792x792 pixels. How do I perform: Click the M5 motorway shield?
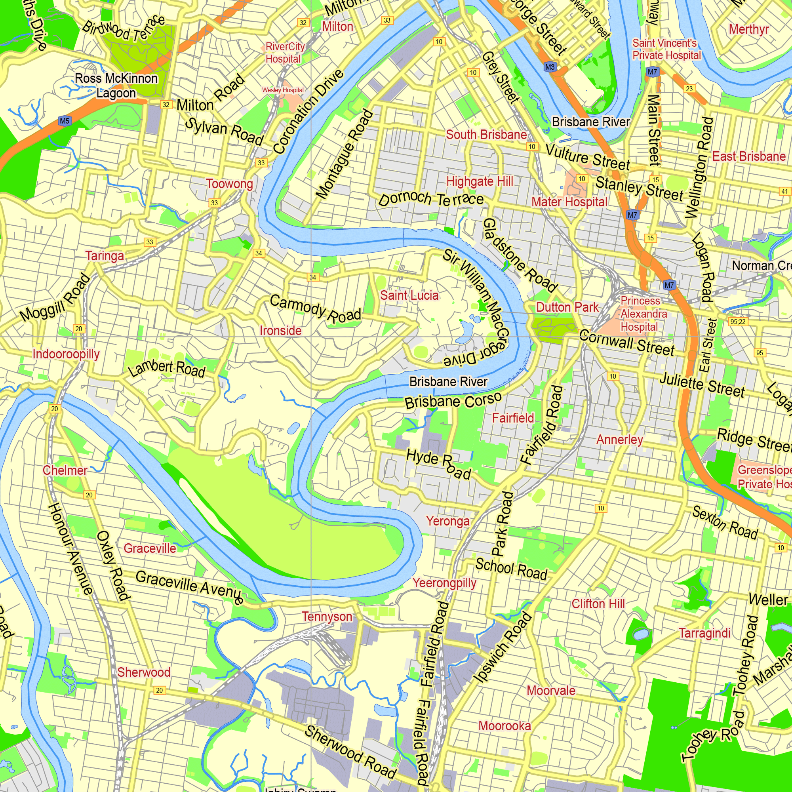tap(65, 121)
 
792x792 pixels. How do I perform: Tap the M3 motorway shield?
tap(550, 67)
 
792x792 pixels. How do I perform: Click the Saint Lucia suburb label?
tap(409, 295)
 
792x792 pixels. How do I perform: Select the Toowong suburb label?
tap(229, 184)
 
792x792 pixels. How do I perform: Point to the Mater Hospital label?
tap(569, 202)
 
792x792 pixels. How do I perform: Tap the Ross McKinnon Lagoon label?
tap(116, 86)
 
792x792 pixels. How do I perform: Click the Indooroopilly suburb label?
tap(66, 354)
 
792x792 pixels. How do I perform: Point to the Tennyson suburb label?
tap(327, 617)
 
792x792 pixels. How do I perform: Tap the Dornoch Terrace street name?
tap(430, 199)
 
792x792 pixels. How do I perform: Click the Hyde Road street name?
tap(438, 464)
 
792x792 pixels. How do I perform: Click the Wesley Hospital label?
tap(283, 90)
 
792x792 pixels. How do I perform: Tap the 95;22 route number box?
tap(737, 322)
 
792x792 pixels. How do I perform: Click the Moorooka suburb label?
tap(504, 726)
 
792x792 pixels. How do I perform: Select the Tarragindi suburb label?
tap(704, 633)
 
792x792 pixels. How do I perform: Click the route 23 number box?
tap(689, 89)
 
